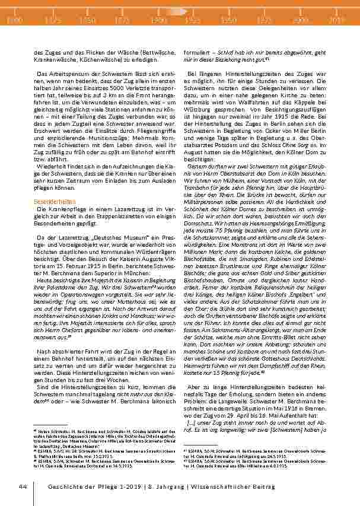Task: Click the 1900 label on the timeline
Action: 158,20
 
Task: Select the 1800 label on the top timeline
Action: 14,20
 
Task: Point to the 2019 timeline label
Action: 337,20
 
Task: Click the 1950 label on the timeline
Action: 229,20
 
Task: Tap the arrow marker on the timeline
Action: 176,11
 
